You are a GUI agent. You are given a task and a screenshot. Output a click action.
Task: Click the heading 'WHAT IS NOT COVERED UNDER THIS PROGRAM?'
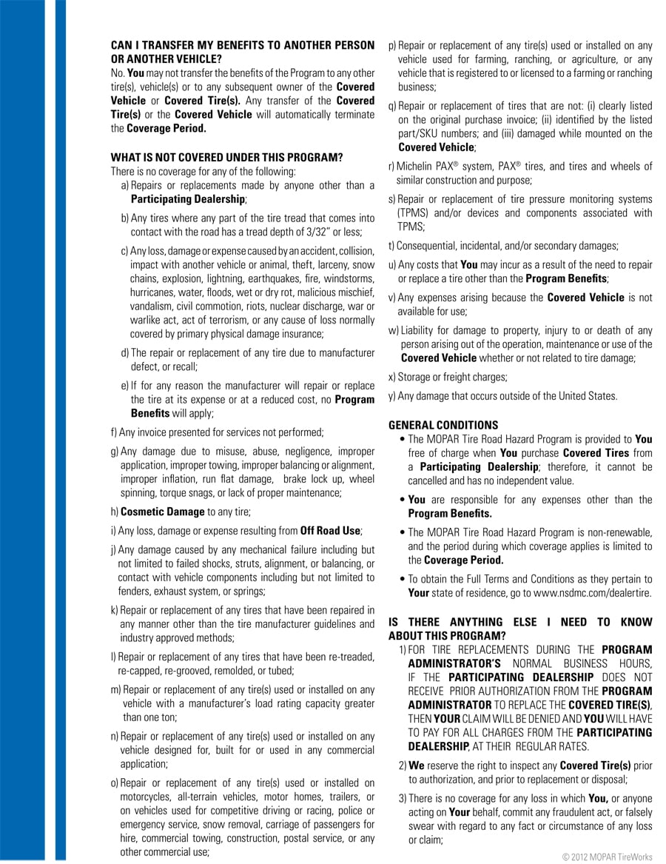tap(226, 158)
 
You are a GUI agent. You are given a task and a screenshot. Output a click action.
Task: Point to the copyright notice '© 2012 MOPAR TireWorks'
tap(608, 857)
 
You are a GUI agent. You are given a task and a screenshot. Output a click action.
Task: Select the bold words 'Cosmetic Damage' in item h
tap(163, 512)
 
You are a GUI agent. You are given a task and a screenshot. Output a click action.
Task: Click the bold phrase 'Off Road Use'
tap(330, 531)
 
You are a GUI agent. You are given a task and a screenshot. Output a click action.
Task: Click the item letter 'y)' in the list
tap(392, 396)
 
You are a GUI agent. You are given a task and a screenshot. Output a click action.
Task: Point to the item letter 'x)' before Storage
tap(392, 378)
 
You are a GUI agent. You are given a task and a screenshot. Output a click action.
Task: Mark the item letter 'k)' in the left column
tap(115, 610)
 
